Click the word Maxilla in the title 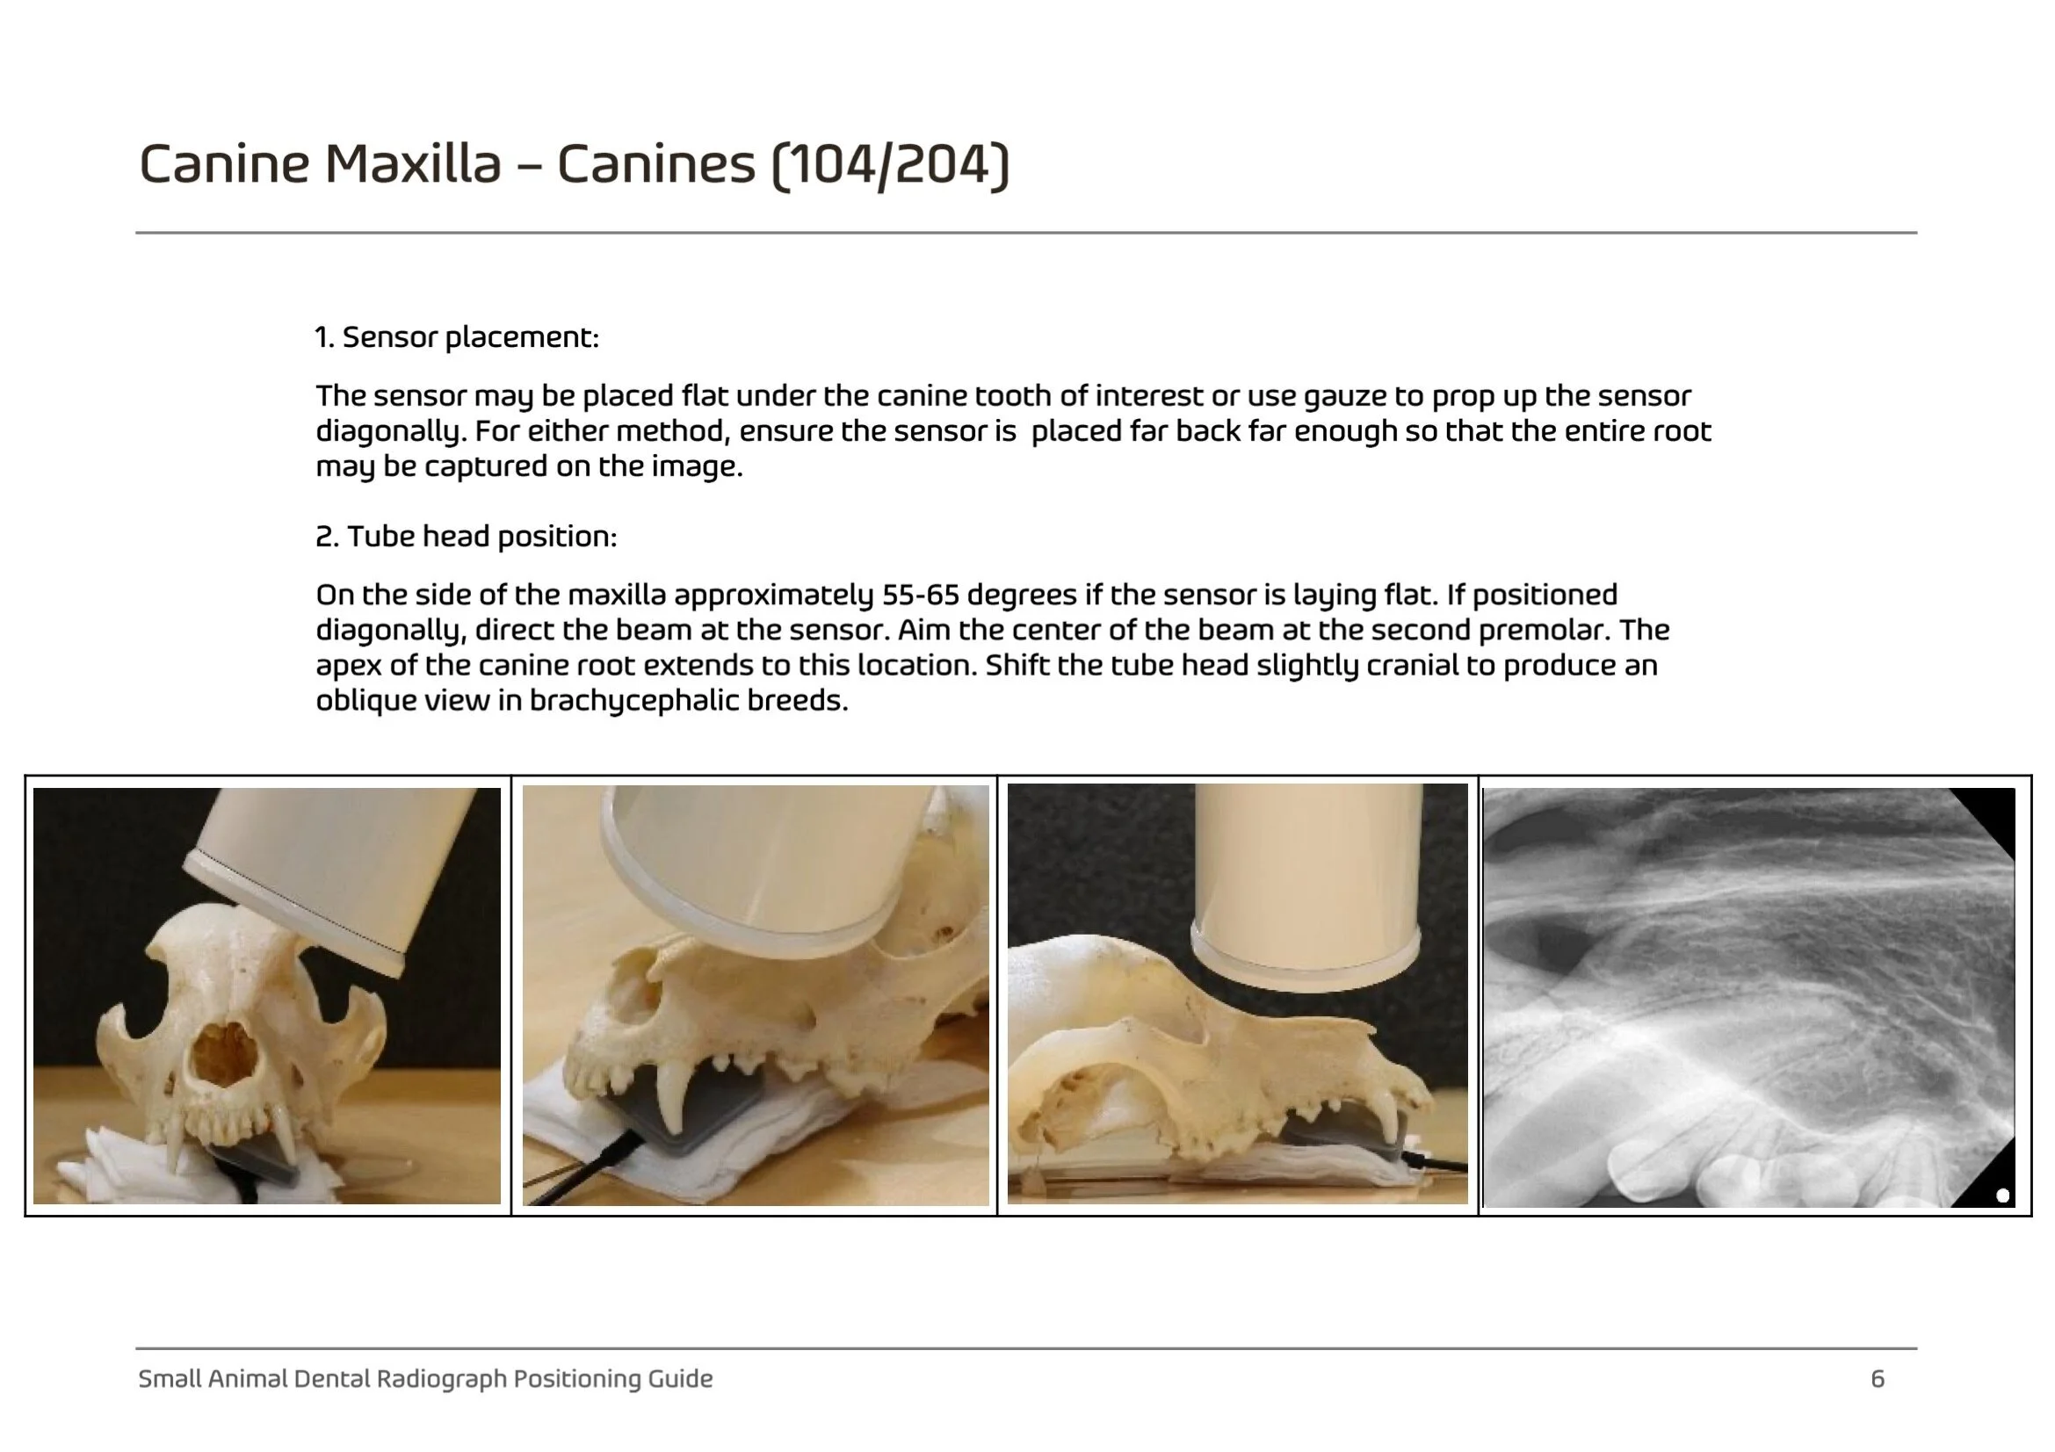(x=412, y=164)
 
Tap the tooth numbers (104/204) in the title (x=890, y=166)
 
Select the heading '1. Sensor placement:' (x=457, y=337)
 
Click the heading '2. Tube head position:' (x=467, y=537)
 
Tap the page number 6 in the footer (x=1878, y=1378)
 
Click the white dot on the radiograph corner (x=2003, y=1196)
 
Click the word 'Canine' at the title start (x=224, y=164)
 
